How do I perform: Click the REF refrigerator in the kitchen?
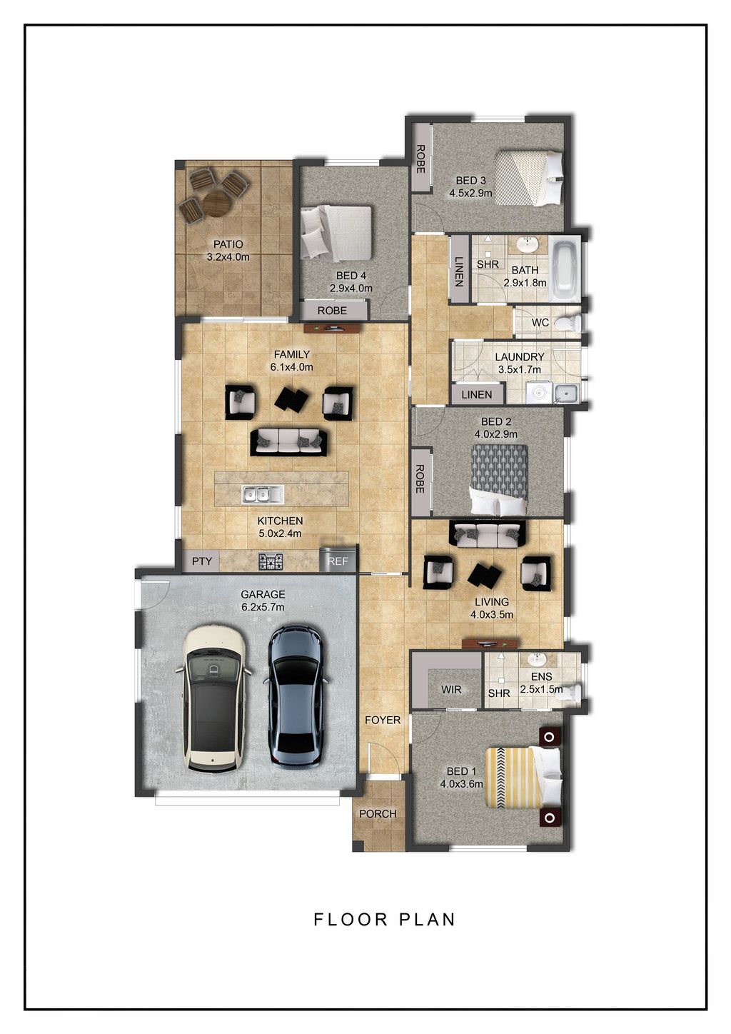point(338,559)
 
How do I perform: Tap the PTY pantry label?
point(202,561)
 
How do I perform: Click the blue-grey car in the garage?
point(295,697)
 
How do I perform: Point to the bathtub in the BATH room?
point(566,270)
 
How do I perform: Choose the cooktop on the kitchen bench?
point(271,561)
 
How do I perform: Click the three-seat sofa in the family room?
point(288,441)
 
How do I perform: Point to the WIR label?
point(451,690)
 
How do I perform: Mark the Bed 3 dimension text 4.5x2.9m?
point(470,193)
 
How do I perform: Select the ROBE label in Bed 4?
point(332,311)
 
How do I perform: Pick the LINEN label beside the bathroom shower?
point(459,271)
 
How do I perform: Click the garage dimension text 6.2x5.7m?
point(263,607)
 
